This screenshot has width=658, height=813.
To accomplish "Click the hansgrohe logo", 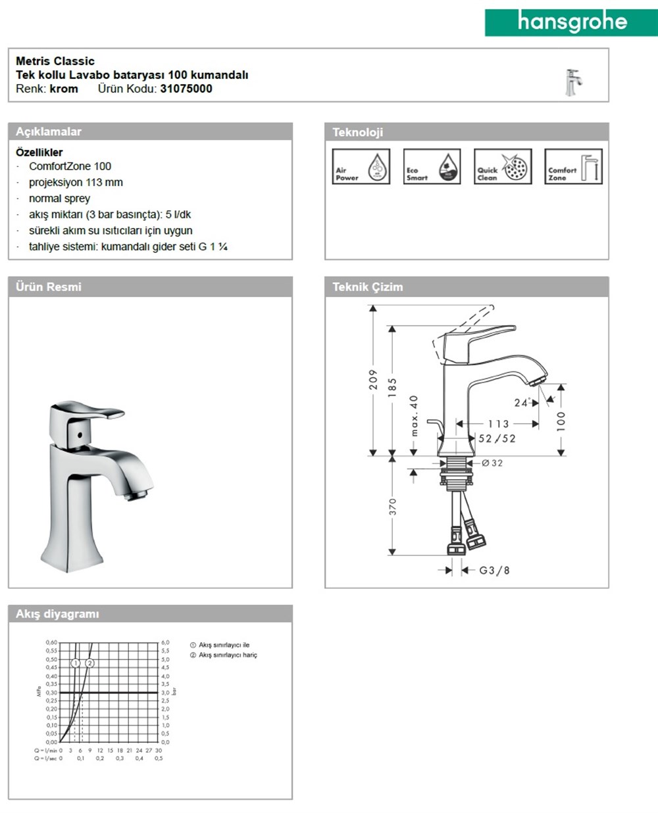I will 570,22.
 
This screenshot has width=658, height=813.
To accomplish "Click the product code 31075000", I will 186,89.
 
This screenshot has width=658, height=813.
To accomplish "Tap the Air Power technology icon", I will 361,167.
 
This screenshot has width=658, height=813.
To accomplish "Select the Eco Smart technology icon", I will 432,167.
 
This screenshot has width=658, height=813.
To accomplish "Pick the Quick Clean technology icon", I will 503,167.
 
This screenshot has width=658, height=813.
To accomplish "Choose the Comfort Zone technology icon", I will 573,167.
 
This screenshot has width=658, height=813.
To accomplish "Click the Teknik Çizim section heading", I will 368,287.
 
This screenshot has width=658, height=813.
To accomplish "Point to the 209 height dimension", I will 373,379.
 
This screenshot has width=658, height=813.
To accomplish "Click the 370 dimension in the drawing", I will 393,506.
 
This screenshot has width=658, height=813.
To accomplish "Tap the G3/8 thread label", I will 494,570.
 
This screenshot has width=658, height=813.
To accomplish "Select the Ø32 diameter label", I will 492,463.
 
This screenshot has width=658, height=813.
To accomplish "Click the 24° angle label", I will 522,402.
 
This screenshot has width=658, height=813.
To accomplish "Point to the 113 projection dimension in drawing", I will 498,424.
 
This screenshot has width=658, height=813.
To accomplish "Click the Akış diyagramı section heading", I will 57,614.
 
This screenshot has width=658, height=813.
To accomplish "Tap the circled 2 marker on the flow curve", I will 90,663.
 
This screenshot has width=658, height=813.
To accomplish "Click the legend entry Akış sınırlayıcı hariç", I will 228,655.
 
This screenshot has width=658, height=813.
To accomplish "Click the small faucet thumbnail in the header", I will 572,81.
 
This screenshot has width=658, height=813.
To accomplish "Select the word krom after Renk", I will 64,89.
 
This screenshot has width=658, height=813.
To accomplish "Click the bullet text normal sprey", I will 59,198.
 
